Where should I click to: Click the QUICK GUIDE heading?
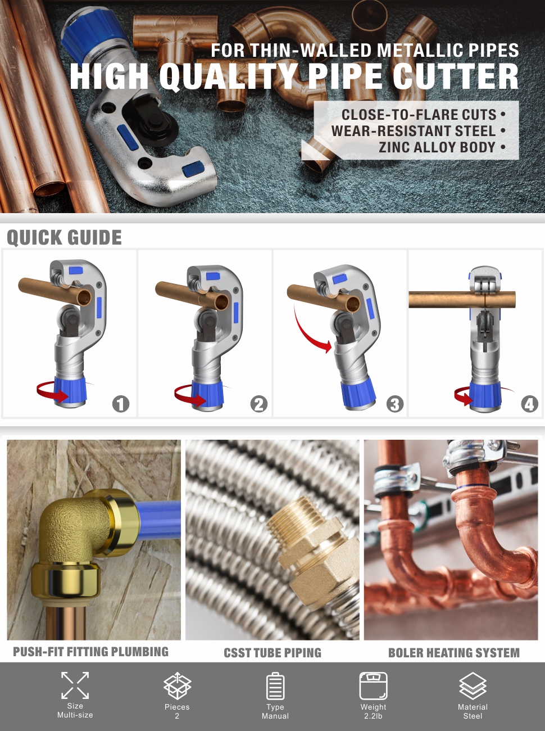coord(64,238)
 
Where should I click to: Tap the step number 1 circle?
coord(121,404)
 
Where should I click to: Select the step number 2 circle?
coord(258,404)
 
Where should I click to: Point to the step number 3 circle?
coord(395,404)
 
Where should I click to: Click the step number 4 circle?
coord(529,404)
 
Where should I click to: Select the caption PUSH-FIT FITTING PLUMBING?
coord(90,652)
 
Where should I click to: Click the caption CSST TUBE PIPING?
coord(272,653)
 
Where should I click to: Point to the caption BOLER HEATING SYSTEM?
coord(453,653)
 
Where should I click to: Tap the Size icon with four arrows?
coord(75,685)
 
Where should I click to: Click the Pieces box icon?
coord(177,685)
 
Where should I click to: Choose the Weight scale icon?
coord(373,685)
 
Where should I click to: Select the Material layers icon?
coord(473,685)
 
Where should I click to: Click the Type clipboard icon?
coord(275,685)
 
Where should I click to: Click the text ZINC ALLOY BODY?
coord(437,147)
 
